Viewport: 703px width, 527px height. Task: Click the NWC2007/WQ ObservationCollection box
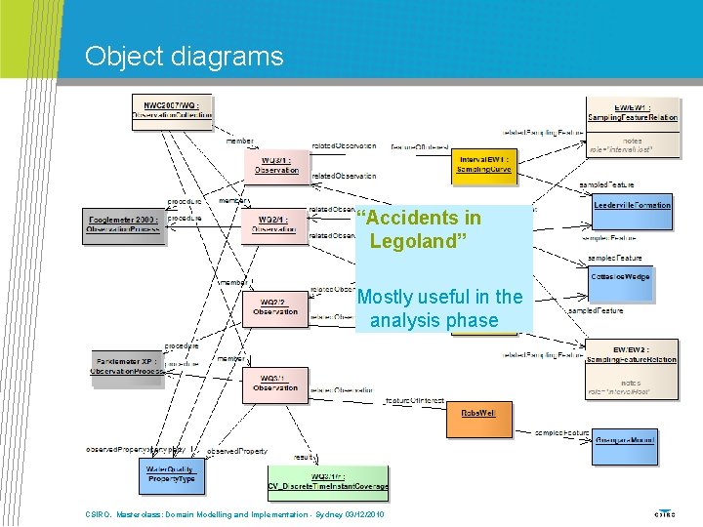(172, 108)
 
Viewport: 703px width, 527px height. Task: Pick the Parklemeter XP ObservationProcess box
(127, 366)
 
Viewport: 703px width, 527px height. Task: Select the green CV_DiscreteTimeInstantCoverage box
(327, 481)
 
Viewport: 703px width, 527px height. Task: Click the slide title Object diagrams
(184, 56)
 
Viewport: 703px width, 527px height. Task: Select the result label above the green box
(305, 456)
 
